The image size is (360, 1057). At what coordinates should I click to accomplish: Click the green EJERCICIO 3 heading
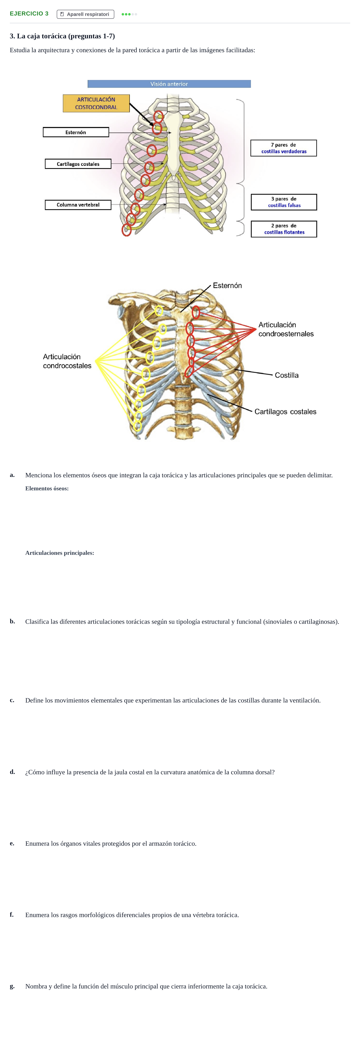click(29, 13)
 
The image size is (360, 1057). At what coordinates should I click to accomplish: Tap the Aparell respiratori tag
click(85, 14)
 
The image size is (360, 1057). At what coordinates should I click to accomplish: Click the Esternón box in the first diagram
click(76, 132)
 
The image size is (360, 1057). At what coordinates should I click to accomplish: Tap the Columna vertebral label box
click(78, 205)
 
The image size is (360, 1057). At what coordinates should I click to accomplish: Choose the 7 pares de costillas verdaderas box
click(284, 148)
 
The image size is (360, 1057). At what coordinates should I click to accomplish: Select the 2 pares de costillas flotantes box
click(284, 229)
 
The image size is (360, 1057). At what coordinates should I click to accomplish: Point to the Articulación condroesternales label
click(286, 329)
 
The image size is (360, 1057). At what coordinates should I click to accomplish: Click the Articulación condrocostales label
click(67, 361)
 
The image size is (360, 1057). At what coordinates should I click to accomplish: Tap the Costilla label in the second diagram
click(287, 375)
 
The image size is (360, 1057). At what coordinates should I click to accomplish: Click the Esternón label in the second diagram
click(227, 286)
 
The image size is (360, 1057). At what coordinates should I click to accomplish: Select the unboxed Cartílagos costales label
click(285, 412)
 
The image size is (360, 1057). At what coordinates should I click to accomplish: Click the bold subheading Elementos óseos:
click(47, 488)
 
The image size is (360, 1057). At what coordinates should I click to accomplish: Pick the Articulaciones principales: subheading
click(60, 553)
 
